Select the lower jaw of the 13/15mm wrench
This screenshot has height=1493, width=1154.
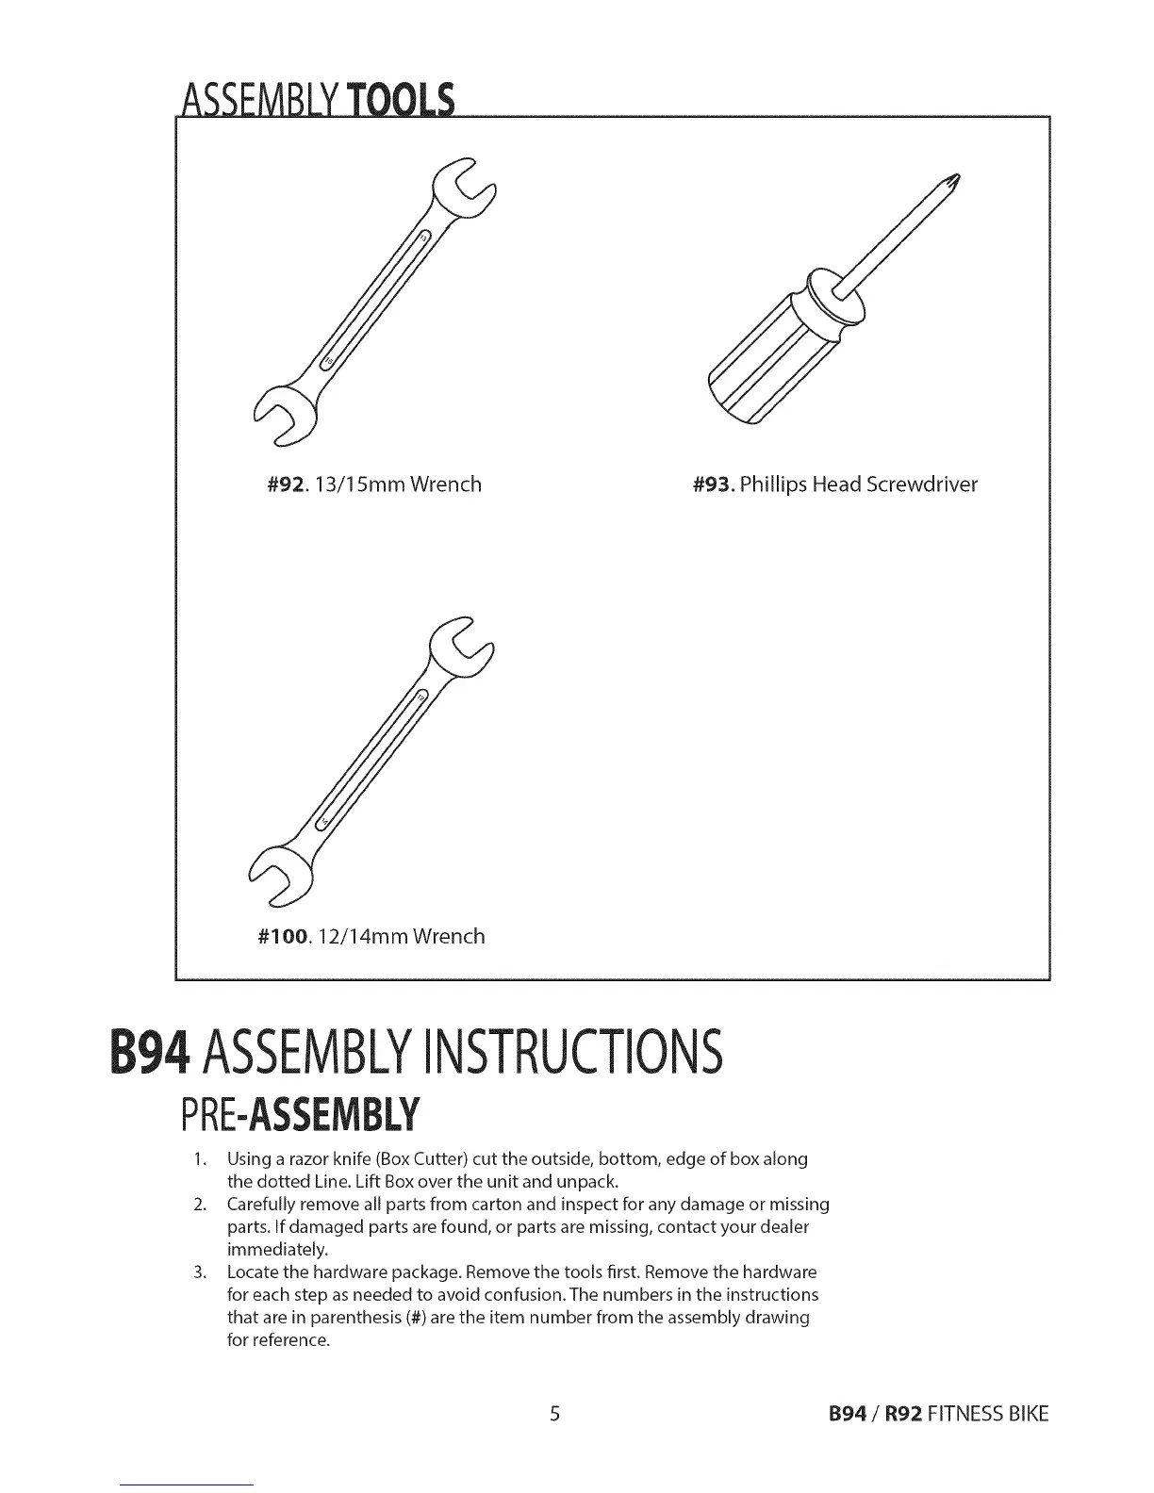tap(282, 415)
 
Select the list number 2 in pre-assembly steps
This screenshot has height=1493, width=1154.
tap(199, 1205)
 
